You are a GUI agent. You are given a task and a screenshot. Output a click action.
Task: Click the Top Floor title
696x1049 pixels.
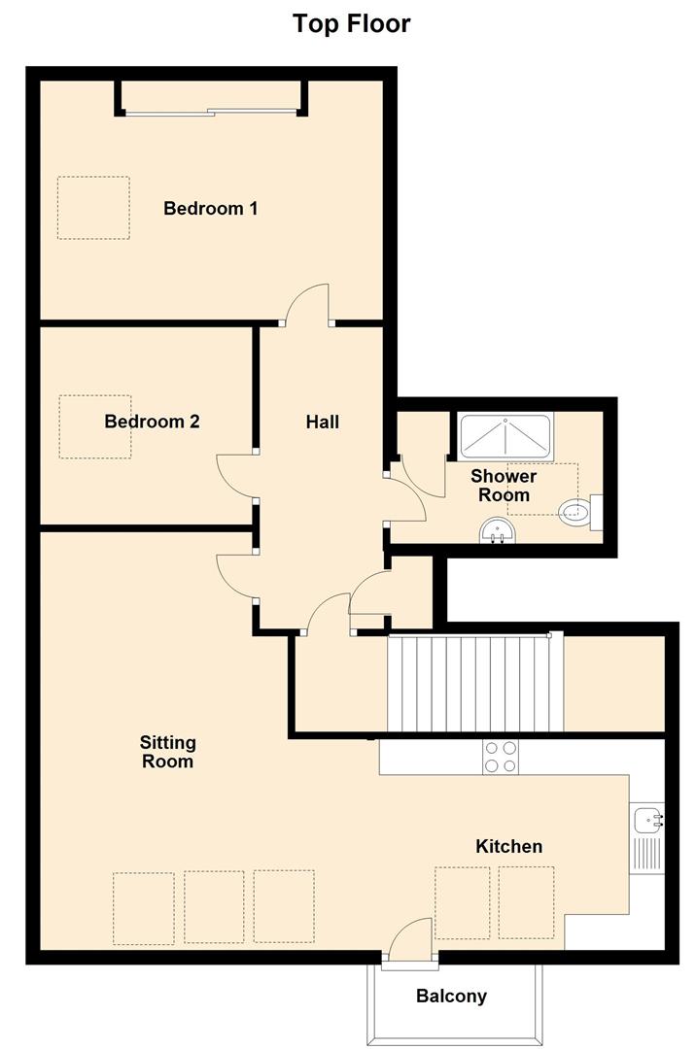[x=351, y=23]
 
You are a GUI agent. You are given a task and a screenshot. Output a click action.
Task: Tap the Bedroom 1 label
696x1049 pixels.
[x=210, y=208]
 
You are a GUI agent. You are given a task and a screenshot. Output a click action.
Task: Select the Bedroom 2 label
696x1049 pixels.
[x=152, y=422]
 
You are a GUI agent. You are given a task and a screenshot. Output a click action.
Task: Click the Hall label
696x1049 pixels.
[x=322, y=422]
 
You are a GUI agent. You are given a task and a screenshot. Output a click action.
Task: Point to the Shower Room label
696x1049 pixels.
[x=503, y=486]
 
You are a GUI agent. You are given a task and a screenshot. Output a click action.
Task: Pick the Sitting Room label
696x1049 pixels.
[x=167, y=752]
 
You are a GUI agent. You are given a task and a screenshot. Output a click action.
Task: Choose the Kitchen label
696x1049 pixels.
[x=508, y=846]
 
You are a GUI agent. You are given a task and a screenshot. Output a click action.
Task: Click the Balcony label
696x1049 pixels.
[x=451, y=996]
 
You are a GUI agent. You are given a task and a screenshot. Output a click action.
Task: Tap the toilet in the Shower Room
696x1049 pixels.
[x=579, y=511]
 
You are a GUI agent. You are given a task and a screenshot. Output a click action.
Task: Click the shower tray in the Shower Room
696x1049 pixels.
[x=505, y=436]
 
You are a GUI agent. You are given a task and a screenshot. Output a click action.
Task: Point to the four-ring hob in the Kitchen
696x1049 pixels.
[x=500, y=757]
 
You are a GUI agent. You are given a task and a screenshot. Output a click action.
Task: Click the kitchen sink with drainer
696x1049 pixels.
[x=646, y=837]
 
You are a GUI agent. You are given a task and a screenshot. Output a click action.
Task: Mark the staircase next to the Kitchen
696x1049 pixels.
[x=474, y=684]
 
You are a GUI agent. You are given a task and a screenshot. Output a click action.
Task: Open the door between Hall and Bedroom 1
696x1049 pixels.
[x=306, y=306]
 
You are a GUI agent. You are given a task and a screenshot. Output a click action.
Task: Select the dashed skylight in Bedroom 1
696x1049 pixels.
[x=93, y=207]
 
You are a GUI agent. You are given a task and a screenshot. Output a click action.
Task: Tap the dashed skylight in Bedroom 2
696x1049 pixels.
[x=95, y=426]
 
